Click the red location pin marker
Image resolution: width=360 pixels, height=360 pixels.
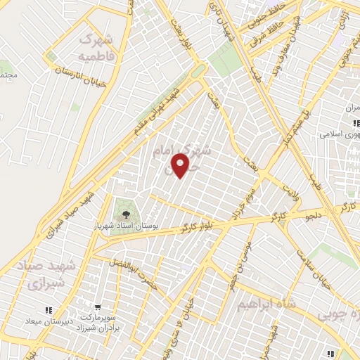pyautogui.click(x=181, y=166)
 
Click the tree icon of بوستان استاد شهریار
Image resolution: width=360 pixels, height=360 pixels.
pyautogui.click(x=126, y=214)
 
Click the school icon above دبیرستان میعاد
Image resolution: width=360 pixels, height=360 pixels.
pyautogui.click(x=49, y=310)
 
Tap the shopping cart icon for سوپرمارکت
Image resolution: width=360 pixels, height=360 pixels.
pyautogui.click(x=97, y=307)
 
